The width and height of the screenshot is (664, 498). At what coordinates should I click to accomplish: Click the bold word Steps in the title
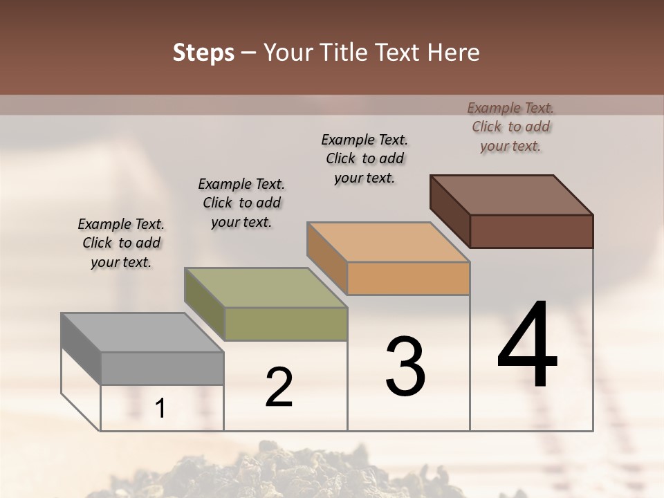(203, 53)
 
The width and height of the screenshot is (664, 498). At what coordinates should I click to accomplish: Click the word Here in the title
(454, 53)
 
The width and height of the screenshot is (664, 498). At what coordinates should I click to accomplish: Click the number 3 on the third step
(405, 367)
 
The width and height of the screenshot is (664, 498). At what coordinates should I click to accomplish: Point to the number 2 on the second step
(279, 387)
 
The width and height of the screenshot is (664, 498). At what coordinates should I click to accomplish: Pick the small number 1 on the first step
(160, 409)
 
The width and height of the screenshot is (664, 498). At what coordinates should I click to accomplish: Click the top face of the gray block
(142, 332)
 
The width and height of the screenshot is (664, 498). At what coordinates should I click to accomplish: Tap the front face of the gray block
(163, 368)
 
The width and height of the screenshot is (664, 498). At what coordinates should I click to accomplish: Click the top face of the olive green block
(265, 287)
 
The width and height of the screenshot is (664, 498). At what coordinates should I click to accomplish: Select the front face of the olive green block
(286, 324)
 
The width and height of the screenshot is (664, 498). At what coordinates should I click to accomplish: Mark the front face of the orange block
(408, 278)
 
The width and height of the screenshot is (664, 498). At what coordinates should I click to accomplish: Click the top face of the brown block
(511, 194)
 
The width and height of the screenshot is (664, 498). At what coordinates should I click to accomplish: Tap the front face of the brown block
(531, 231)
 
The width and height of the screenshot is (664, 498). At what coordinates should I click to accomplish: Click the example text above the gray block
(121, 243)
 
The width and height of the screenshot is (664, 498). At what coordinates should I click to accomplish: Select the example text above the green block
(241, 203)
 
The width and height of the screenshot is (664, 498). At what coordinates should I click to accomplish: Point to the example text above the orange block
(365, 158)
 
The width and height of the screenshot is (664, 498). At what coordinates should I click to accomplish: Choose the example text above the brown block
(510, 127)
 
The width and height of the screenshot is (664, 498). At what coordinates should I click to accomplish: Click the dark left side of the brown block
(450, 210)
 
